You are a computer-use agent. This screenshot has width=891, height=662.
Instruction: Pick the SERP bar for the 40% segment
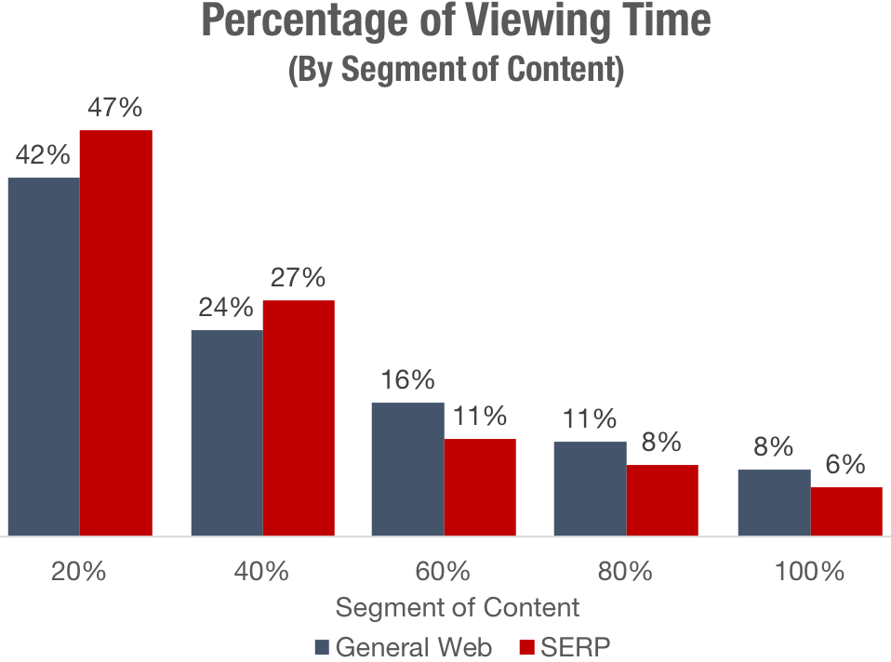coord(299,417)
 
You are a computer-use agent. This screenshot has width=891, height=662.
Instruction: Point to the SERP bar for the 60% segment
coord(480,487)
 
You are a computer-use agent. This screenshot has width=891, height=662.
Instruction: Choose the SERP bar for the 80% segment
coord(662,500)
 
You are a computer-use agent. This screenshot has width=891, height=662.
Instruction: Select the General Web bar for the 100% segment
coord(774,503)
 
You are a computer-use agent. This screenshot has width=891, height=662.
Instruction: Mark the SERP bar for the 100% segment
coord(846,511)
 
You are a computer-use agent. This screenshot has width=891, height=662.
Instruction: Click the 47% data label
coord(115,108)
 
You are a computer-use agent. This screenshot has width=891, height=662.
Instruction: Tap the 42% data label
coord(43,155)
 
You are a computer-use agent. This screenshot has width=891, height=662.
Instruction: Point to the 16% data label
coord(407,379)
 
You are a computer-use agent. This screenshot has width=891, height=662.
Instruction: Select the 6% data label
coord(846,465)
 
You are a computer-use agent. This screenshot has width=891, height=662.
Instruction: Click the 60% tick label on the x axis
coord(444,571)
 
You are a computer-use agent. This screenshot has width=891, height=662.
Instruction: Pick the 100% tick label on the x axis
coord(810,571)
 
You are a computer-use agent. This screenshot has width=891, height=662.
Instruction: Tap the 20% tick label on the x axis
coord(79,571)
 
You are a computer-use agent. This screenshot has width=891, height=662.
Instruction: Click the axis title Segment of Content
coord(457,607)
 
